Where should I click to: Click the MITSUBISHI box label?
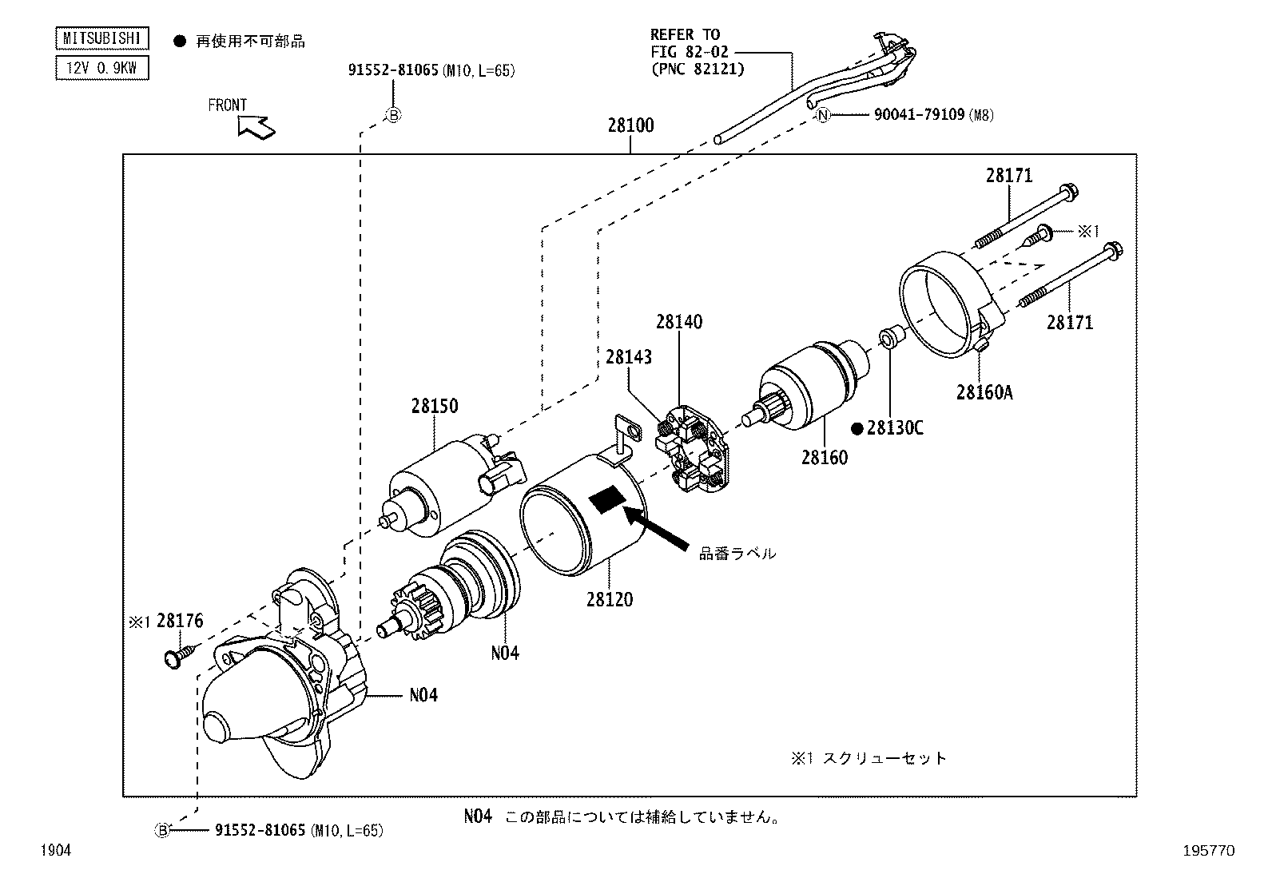coord(101,38)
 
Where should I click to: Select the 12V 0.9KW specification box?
coord(101,68)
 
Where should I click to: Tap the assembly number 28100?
coord(630,125)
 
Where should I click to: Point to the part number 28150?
coord(435,406)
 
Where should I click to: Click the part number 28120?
coord(610,599)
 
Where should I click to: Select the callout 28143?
coord(628,356)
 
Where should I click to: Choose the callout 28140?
coord(679,322)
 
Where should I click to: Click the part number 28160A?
coord(984,392)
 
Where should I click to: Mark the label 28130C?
coord(895,428)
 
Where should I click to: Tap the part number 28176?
coord(180,621)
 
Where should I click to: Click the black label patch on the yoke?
coord(608,499)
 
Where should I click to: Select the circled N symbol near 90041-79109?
coord(824,115)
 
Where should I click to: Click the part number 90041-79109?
coord(919,115)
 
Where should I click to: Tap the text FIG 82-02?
coord(684,51)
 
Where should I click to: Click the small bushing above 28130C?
coord(889,336)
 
